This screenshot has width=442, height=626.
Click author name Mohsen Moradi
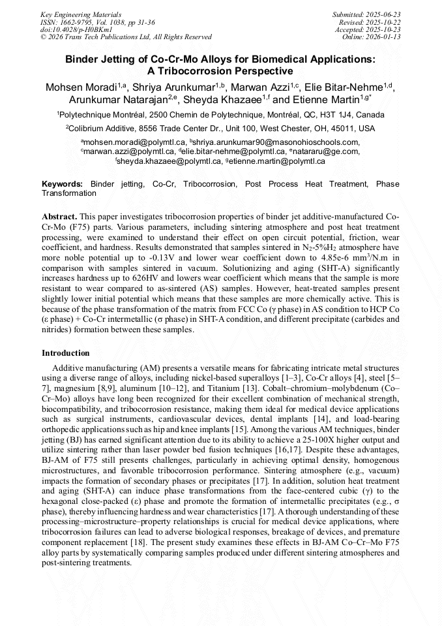[83, 87]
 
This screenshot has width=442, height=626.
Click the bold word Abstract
[60, 216]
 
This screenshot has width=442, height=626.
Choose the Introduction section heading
[66, 353]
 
